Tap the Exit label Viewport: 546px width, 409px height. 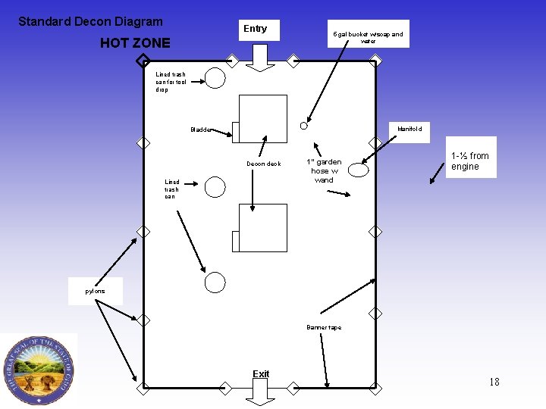261,374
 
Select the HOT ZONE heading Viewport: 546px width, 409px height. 135,43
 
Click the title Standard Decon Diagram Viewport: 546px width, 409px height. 90,22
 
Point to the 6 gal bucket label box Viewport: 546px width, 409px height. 369,34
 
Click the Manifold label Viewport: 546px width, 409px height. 409,130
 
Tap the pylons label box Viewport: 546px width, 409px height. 95,292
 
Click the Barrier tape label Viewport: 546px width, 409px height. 324,328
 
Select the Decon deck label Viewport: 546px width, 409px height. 263,164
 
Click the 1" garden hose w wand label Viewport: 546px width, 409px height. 324,171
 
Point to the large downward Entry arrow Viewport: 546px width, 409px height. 261,58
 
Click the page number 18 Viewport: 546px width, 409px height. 494,382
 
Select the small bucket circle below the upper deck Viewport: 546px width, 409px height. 303,125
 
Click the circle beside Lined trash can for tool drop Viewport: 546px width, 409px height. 215,77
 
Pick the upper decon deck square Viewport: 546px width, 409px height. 262,119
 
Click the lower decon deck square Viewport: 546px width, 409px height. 262,228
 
